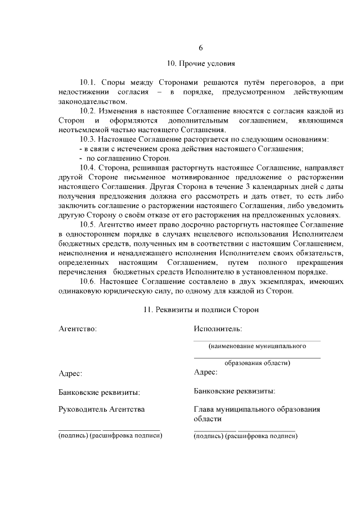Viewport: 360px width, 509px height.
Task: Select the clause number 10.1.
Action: coord(89,82)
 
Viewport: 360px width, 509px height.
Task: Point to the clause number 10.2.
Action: coord(89,111)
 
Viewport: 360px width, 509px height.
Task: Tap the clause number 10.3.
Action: coord(89,139)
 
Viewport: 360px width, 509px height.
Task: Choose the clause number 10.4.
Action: coord(89,168)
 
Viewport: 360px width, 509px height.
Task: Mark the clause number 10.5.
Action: coord(89,226)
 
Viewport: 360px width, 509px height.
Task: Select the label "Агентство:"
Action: coord(78,328)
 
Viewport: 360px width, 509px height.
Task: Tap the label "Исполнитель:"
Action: coord(218,328)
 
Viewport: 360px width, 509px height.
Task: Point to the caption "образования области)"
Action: coord(258,363)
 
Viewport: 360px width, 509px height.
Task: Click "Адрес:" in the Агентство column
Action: coord(70,373)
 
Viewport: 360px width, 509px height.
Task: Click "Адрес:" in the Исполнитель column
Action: coord(205,372)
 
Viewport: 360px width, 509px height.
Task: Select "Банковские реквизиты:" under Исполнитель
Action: coord(234,390)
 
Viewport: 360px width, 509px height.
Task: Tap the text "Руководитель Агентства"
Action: coord(101,409)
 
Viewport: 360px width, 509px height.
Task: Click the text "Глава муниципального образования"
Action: coord(256,409)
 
